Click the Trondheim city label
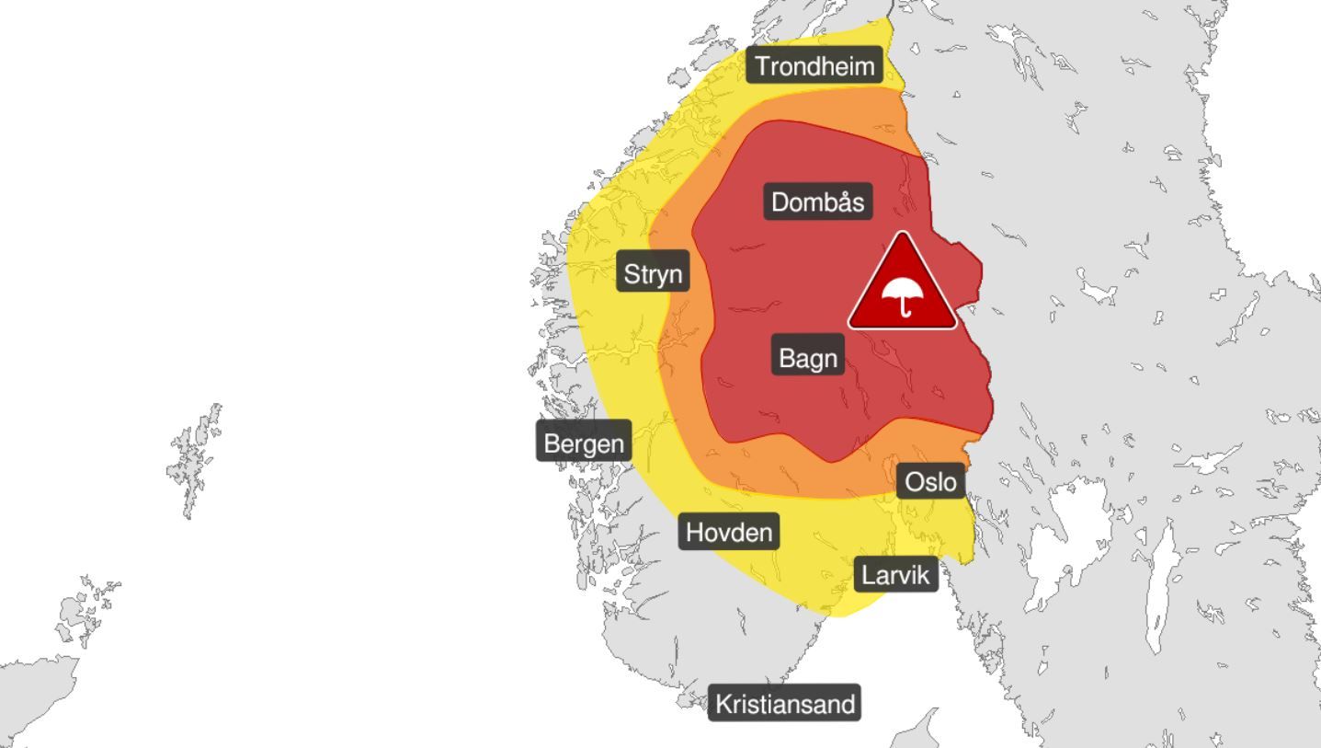coord(814,65)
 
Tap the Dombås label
coord(817,202)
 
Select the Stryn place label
coord(653,273)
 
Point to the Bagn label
coord(808,358)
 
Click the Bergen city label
coord(584,443)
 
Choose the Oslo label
coord(930,481)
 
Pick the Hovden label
coord(730,532)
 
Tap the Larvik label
coord(896,575)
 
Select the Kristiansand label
coord(785,704)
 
